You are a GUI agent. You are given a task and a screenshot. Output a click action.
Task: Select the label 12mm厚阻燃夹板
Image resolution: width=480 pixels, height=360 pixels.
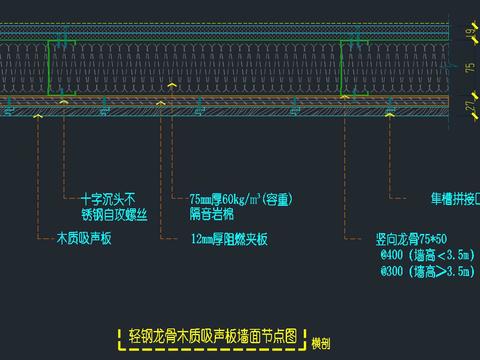coord(230,240)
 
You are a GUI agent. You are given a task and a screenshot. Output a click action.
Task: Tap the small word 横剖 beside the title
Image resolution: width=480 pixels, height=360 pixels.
coord(320,343)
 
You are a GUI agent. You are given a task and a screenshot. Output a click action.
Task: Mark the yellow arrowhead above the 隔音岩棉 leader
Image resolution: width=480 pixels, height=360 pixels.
coord(172,87)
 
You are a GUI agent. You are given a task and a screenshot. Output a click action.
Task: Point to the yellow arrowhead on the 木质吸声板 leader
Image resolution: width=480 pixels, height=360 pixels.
coord(39,116)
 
